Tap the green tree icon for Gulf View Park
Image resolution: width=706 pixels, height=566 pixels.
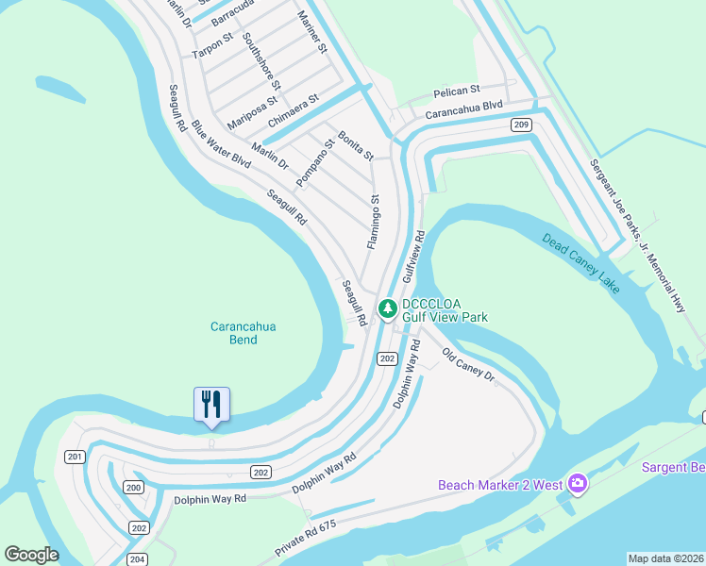[x=387, y=308]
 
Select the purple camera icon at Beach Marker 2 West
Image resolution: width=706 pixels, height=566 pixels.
[x=578, y=485]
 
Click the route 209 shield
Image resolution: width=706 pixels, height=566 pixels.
[x=521, y=125]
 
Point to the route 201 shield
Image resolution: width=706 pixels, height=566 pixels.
[x=76, y=457]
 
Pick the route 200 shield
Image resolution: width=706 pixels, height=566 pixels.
[x=134, y=488]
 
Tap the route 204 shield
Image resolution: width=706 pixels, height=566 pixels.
[x=138, y=559]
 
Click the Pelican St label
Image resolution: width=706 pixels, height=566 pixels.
[x=457, y=91]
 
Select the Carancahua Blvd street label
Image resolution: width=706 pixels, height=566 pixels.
[x=463, y=110]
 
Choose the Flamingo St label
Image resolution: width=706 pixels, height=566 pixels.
[x=374, y=223]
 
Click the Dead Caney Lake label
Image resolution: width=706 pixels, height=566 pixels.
[x=581, y=261]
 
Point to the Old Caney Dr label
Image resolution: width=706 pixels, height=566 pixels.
[x=469, y=363]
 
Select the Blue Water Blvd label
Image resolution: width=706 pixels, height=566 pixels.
[x=221, y=144]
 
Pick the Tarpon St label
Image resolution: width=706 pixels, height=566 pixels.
[x=212, y=45]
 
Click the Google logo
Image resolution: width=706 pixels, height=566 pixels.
[x=31, y=555]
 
